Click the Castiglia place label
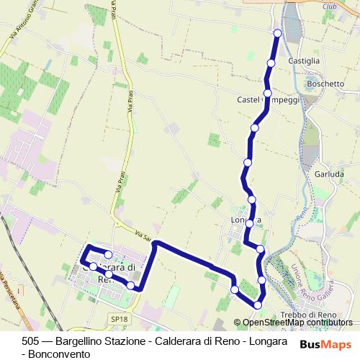coord(303,61)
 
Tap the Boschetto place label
coord(325,84)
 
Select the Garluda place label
coord(330,174)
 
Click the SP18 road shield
coord(120,318)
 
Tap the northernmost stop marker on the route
coord(278,32)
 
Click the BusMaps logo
coord(325,345)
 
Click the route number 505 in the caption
coord(31,341)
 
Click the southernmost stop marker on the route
coord(257,306)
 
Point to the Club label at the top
coord(330,6)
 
